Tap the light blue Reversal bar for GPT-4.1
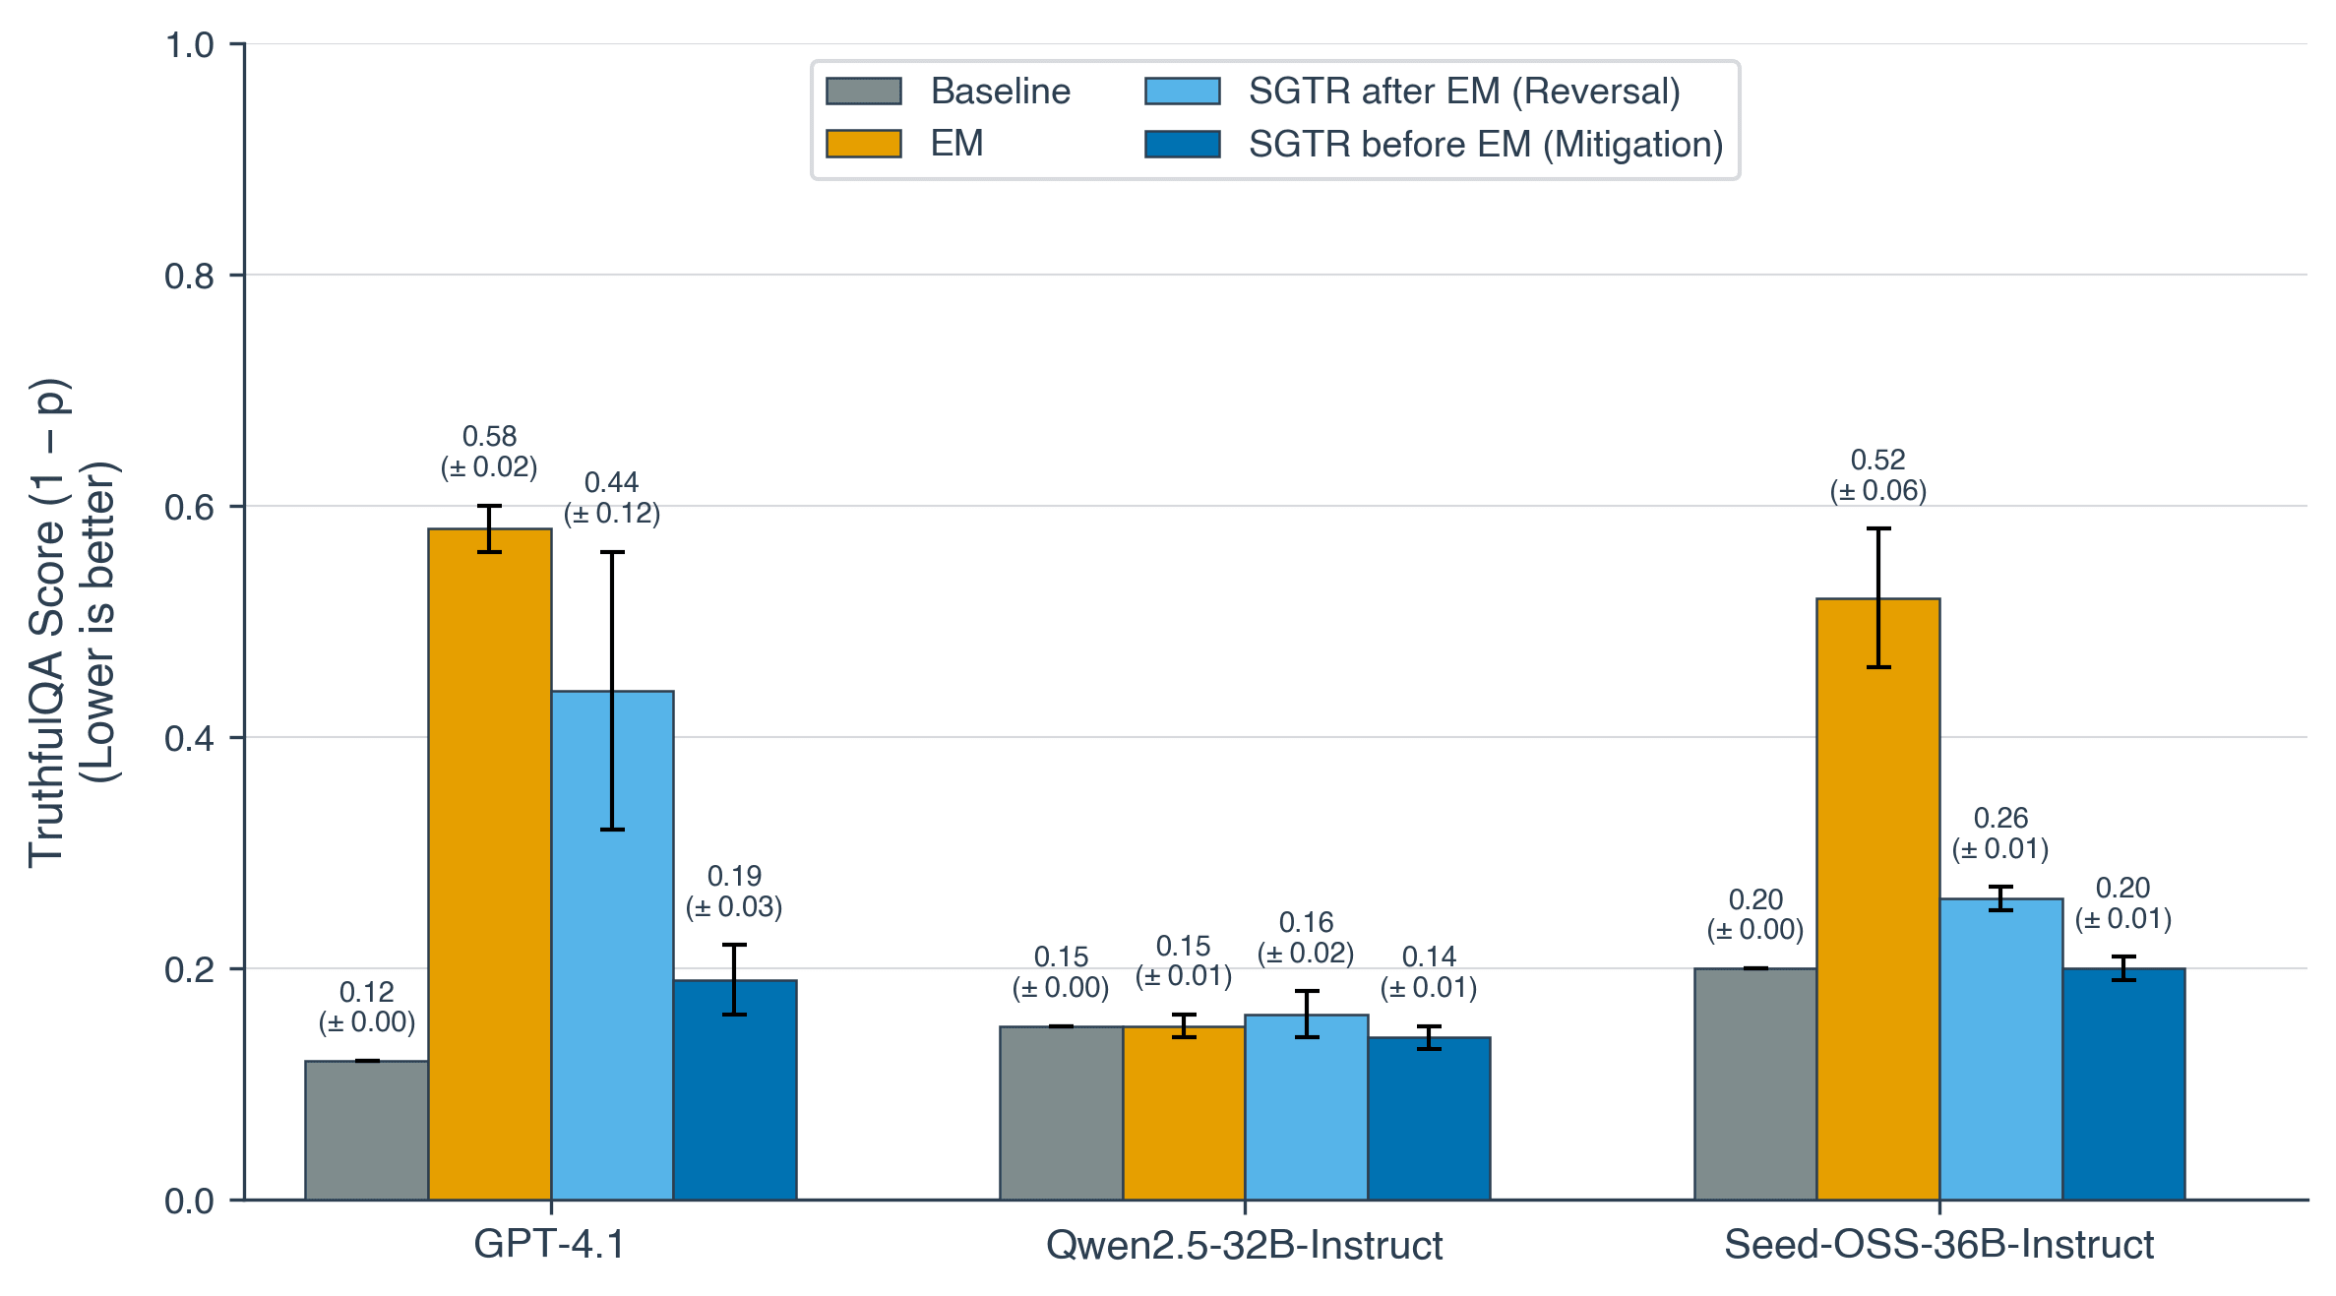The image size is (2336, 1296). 612,945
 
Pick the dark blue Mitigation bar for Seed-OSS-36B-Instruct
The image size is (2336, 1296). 2123,1083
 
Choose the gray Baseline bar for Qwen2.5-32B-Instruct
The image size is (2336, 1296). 1061,1112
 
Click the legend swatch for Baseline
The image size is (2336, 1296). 863,92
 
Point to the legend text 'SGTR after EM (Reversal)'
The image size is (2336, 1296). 1464,92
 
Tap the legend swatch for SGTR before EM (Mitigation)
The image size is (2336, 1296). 1182,145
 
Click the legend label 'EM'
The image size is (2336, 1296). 956,144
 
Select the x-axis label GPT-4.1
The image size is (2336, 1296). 549,1245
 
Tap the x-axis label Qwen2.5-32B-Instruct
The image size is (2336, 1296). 1244,1246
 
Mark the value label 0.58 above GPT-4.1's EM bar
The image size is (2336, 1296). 489,436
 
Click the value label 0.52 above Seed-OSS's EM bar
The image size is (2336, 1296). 1877,460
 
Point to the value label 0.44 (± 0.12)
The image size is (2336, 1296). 611,497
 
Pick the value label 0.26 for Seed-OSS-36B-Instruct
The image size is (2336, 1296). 2000,818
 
